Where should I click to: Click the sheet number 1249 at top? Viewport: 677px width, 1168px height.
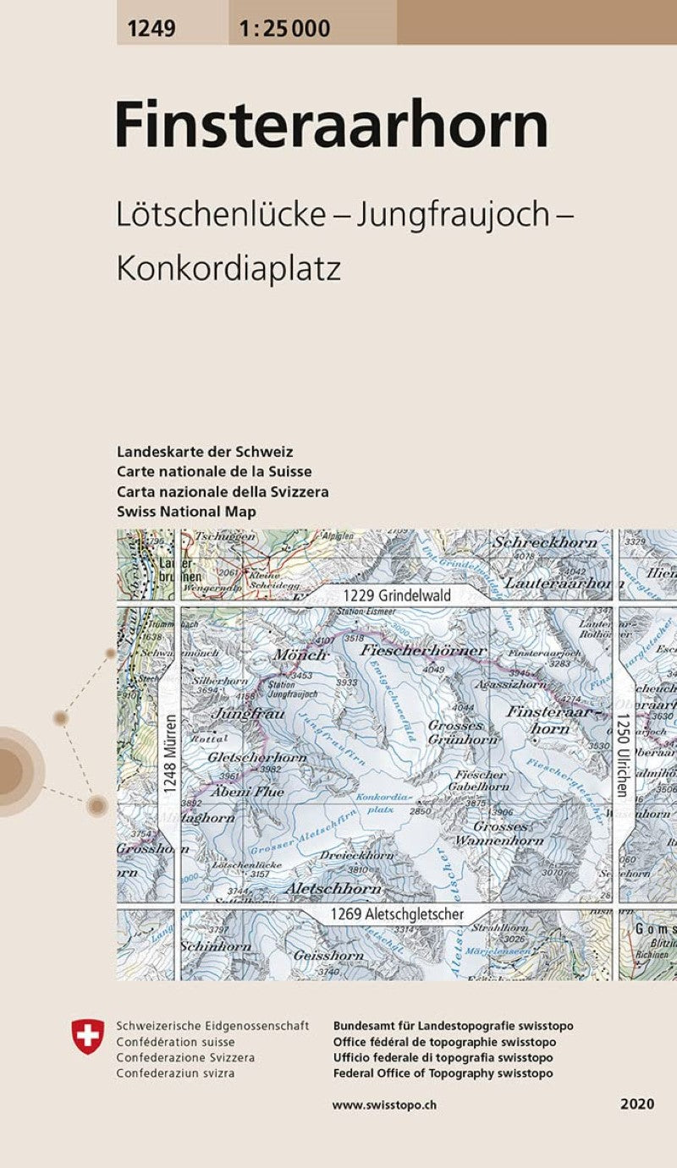click(151, 29)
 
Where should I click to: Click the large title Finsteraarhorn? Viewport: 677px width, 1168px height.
click(332, 124)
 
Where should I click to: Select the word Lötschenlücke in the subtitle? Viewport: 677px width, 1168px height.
click(221, 216)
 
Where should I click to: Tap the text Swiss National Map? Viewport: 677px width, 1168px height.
click(186, 512)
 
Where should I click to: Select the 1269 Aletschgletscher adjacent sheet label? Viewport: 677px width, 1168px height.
click(397, 914)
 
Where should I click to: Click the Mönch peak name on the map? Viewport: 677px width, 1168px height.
click(300, 655)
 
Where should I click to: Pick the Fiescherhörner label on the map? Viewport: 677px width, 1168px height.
click(423, 650)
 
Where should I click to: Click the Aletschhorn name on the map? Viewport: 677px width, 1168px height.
click(333, 889)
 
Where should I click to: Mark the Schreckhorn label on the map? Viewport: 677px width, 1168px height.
click(546, 542)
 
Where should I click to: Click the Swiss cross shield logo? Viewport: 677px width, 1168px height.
click(89, 1036)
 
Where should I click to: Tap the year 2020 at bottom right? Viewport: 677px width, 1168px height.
click(636, 1105)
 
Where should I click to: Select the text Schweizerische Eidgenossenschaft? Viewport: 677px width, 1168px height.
click(212, 1026)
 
